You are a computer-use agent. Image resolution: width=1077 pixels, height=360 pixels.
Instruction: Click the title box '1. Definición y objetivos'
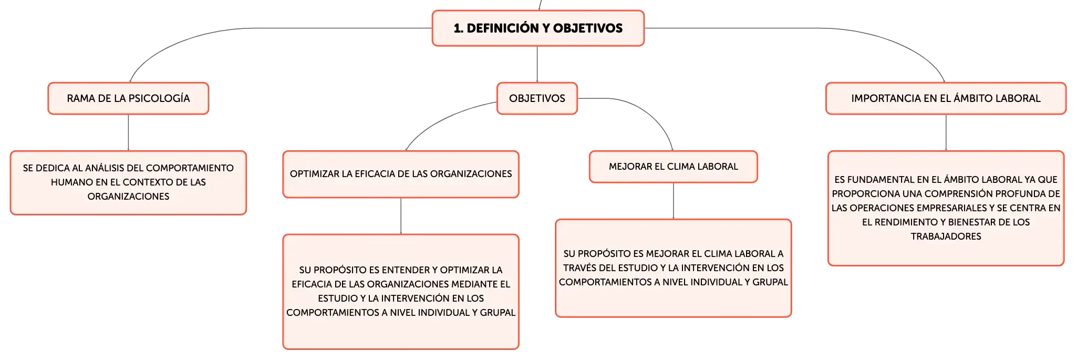(x=538, y=28)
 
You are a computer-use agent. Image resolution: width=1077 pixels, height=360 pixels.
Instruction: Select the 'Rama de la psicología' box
(x=128, y=98)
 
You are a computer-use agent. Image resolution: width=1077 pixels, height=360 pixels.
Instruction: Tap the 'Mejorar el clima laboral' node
(x=674, y=167)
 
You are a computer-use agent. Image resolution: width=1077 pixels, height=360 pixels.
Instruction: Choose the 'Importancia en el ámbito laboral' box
(x=946, y=98)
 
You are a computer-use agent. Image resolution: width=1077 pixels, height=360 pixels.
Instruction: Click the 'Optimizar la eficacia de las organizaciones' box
(x=401, y=174)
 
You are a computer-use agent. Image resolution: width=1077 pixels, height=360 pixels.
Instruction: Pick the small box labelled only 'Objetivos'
(x=537, y=98)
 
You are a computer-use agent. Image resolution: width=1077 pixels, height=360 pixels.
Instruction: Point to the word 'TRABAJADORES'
(x=946, y=236)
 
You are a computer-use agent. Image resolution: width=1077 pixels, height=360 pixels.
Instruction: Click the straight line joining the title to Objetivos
(x=537, y=64)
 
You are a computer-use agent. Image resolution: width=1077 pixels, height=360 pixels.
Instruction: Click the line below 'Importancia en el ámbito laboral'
(x=946, y=132)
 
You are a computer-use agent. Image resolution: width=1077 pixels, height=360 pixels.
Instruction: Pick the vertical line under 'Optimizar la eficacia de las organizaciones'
(x=401, y=216)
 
